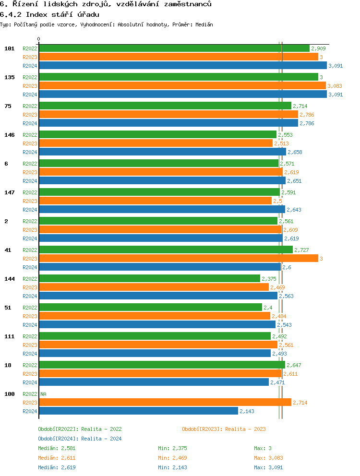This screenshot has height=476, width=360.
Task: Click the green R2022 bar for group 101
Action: [174, 48]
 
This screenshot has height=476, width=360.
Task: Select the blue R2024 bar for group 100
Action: [138, 411]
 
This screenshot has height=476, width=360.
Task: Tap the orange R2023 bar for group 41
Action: [178, 259]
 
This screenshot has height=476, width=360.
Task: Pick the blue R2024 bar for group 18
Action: [154, 382]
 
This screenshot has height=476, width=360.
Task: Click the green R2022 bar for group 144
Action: [149, 279]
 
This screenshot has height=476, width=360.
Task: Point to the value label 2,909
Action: [318, 48]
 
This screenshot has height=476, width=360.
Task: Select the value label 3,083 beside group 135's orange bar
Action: [335, 86]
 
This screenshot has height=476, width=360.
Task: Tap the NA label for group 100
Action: [43, 394]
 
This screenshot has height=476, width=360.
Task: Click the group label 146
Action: [10, 135]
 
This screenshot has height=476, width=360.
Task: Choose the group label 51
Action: [8, 308]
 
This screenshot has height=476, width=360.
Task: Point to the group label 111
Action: [10, 336]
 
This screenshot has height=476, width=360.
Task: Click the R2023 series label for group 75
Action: [30, 115]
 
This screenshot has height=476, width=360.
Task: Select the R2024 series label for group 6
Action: [30, 181]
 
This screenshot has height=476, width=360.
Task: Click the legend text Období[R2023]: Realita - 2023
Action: [224, 429]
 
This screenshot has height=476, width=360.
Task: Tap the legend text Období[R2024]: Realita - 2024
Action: [80, 439]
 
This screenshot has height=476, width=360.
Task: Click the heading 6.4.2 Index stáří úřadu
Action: [49, 14]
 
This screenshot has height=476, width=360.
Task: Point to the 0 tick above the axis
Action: [39, 39]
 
